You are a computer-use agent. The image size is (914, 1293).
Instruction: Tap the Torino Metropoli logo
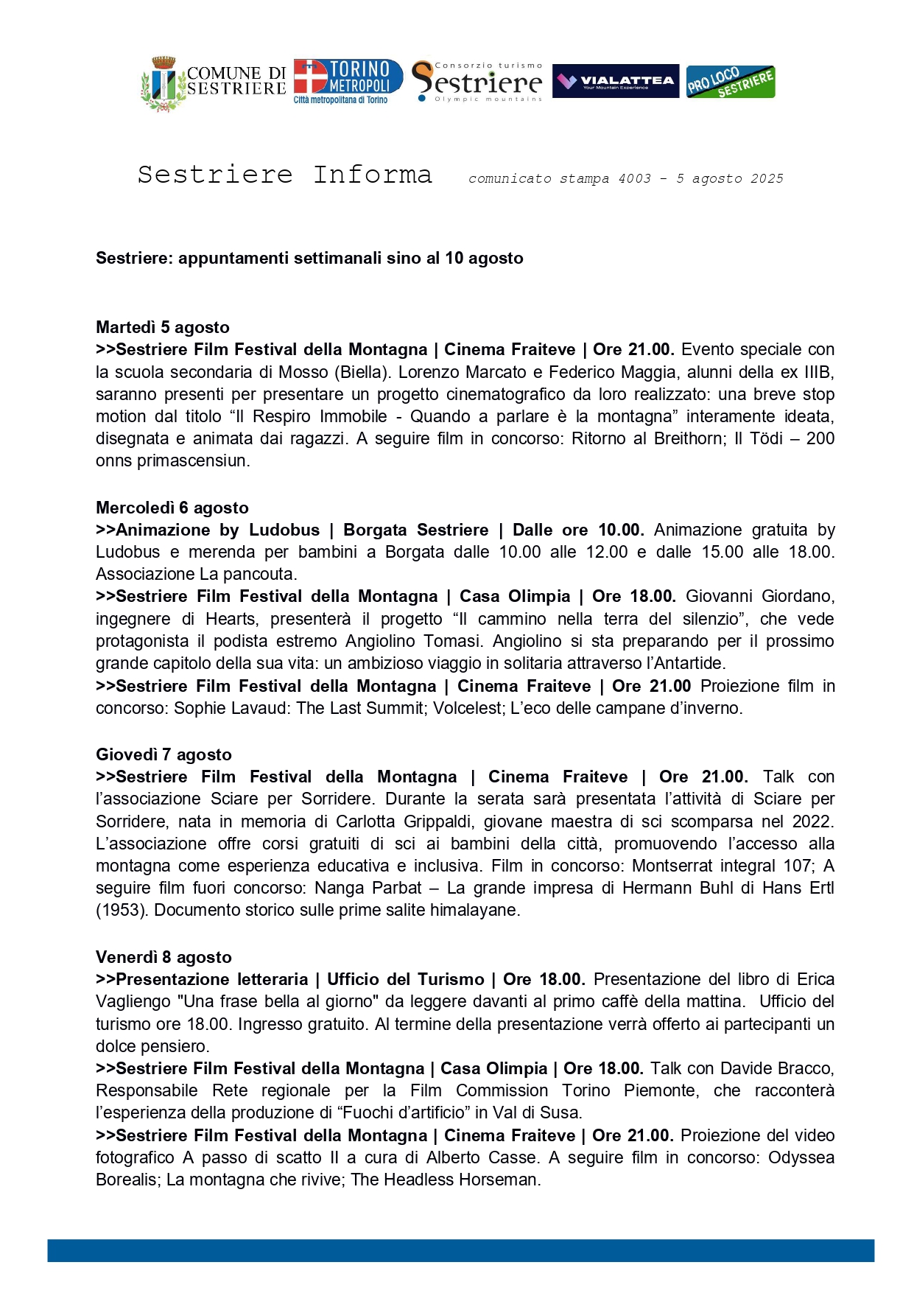348,81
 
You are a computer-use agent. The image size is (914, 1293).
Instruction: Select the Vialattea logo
615,81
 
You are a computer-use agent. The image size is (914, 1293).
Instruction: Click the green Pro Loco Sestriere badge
730,82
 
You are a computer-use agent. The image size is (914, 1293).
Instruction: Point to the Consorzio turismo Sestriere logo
477,81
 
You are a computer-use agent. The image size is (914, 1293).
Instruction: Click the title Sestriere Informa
284,175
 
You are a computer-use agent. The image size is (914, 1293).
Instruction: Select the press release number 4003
634,178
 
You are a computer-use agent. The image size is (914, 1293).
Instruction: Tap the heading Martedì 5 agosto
163,327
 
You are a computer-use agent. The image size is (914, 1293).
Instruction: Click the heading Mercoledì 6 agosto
172,508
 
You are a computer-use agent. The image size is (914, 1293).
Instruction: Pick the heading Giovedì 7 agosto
164,754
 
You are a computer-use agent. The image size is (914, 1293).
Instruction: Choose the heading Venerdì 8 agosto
164,957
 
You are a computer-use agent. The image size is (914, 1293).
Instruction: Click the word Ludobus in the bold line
284,530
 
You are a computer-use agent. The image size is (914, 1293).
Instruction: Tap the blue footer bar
460,1250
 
